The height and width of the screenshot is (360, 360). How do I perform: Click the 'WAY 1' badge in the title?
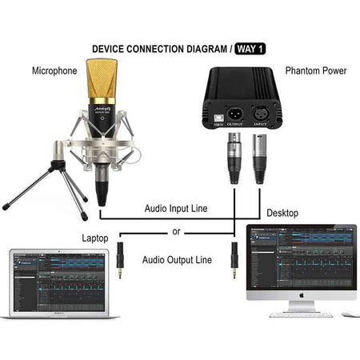point(250,49)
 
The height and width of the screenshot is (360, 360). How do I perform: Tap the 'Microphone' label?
point(54,71)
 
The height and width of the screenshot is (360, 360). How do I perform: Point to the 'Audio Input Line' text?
point(176,209)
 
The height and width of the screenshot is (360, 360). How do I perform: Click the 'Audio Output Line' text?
point(177,259)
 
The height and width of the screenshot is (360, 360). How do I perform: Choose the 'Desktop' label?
point(281,214)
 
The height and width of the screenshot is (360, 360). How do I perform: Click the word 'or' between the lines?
point(177,233)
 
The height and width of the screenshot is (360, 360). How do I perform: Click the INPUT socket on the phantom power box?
point(259,112)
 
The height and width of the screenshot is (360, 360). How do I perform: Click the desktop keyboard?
point(299,315)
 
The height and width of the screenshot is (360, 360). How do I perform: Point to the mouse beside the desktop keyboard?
point(346,314)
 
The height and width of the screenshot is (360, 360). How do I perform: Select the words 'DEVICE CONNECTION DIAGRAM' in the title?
point(161,49)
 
